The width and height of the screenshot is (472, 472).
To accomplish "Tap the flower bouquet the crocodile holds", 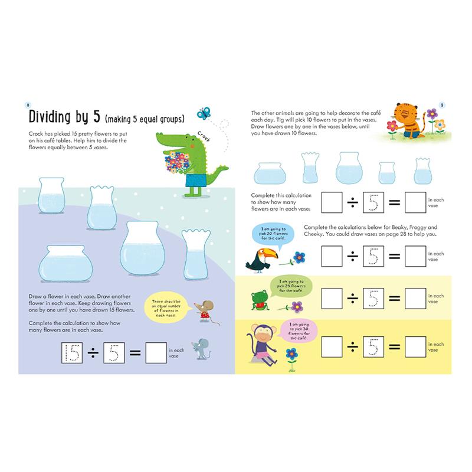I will (x=176, y=162).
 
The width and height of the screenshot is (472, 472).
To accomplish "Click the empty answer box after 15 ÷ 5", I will (x=155, y=353).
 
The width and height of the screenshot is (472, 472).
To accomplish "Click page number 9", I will (x=442, y=104).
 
